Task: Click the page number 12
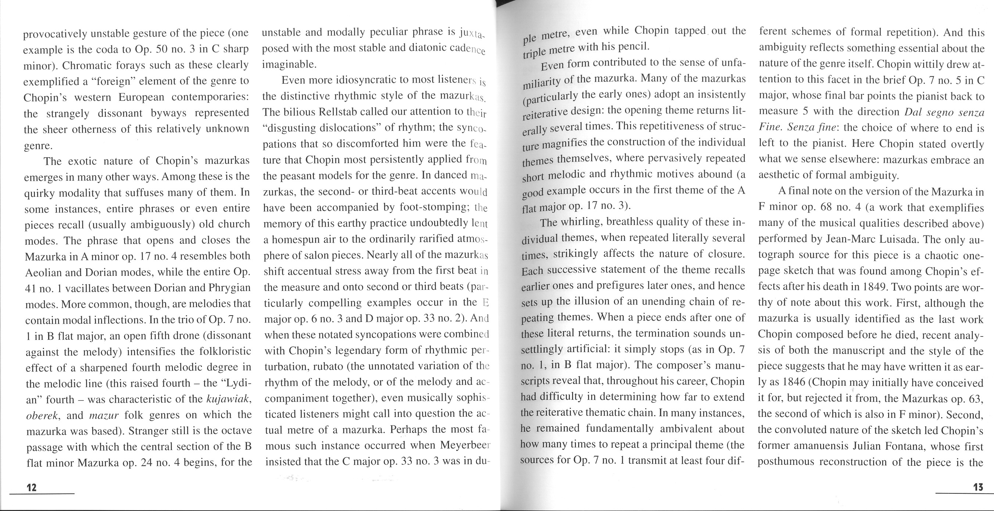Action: click(x=32, y=487)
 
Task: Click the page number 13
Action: click(x=978, y=487)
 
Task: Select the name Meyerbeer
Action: click(x=465, y=446)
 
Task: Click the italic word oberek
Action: click(x=42, y=415)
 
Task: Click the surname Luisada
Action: click(x=892, y=239)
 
